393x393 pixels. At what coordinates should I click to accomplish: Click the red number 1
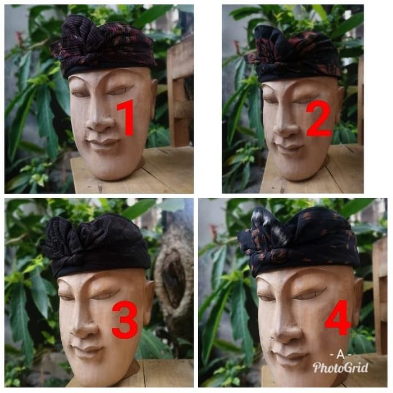126,117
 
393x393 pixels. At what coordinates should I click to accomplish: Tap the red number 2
319,118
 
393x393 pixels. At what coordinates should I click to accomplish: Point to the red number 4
338,318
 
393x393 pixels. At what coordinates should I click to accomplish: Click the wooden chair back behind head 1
180,95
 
